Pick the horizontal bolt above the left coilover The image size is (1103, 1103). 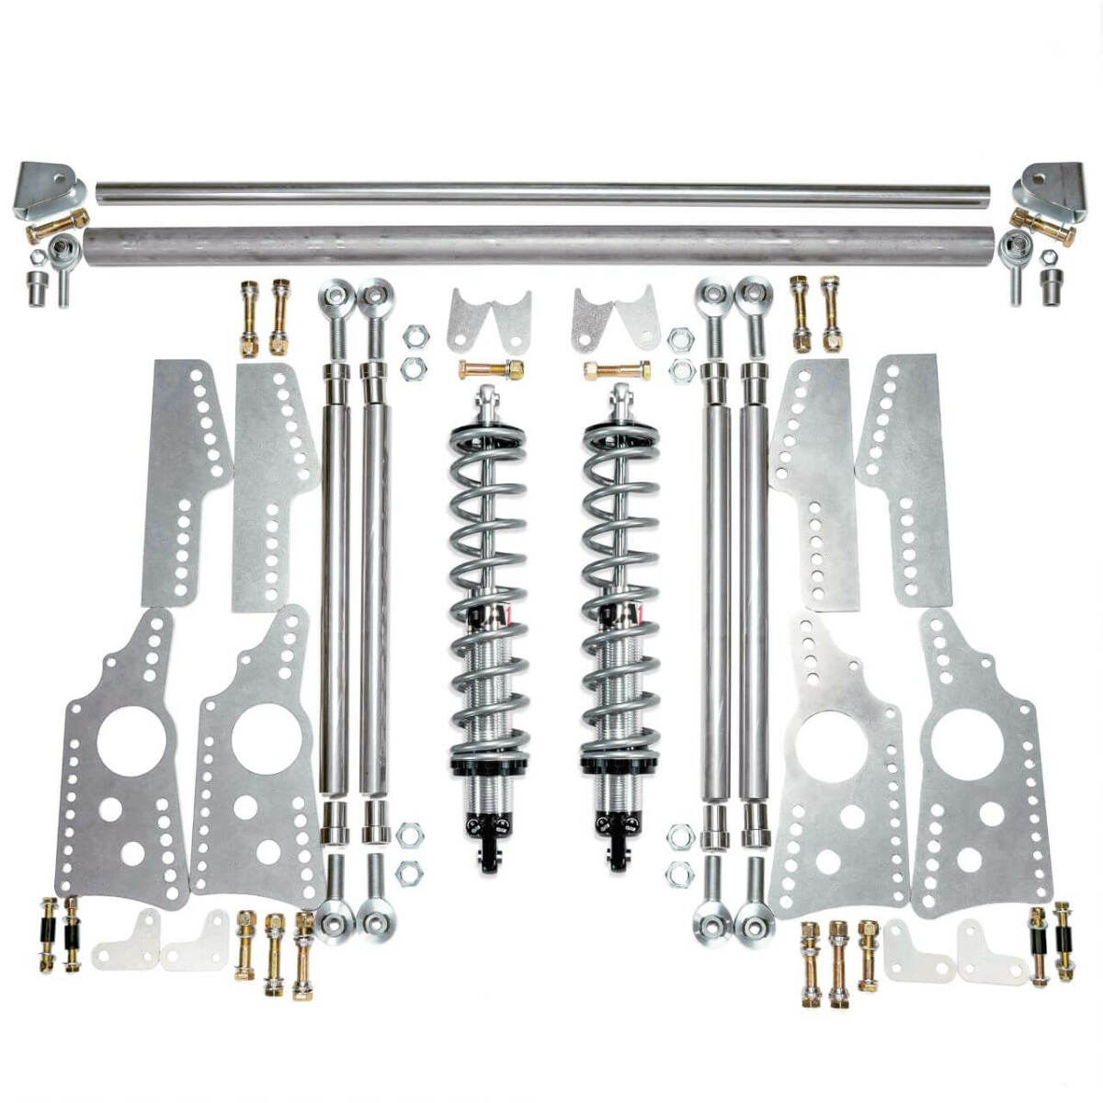click(492, 370)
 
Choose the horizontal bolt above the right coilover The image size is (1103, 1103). click(617, 370)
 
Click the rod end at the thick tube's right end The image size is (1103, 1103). click(1017, 246)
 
